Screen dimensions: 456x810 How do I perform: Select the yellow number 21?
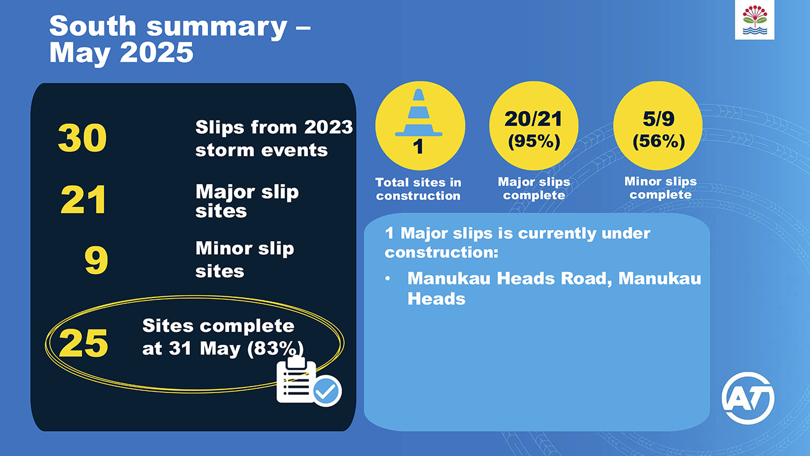click(84, 200)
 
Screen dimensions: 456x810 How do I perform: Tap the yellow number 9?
click(96, 261)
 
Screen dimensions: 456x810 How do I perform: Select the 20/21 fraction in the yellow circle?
click(533, 119)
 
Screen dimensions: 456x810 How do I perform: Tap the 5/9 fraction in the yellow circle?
click(658, 119)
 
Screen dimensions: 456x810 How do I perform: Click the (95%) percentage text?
click(533, 142)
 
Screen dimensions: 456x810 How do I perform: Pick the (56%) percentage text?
click(658, 142)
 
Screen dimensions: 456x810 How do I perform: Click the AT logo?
click(748, 398)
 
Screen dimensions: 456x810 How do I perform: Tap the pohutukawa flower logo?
click(754, 20)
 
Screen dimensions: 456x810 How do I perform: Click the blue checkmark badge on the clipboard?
click(326, 391)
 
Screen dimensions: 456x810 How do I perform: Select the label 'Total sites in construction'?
click(418, 189)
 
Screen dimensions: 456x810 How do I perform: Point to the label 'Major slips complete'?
click(533, 188)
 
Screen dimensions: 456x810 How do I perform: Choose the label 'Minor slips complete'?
click(660, 188)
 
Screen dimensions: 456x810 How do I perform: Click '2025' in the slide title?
click(157, 53)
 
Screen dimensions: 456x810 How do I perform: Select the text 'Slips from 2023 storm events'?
click(274, 138)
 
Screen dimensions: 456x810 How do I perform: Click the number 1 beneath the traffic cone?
click(419, 147)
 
